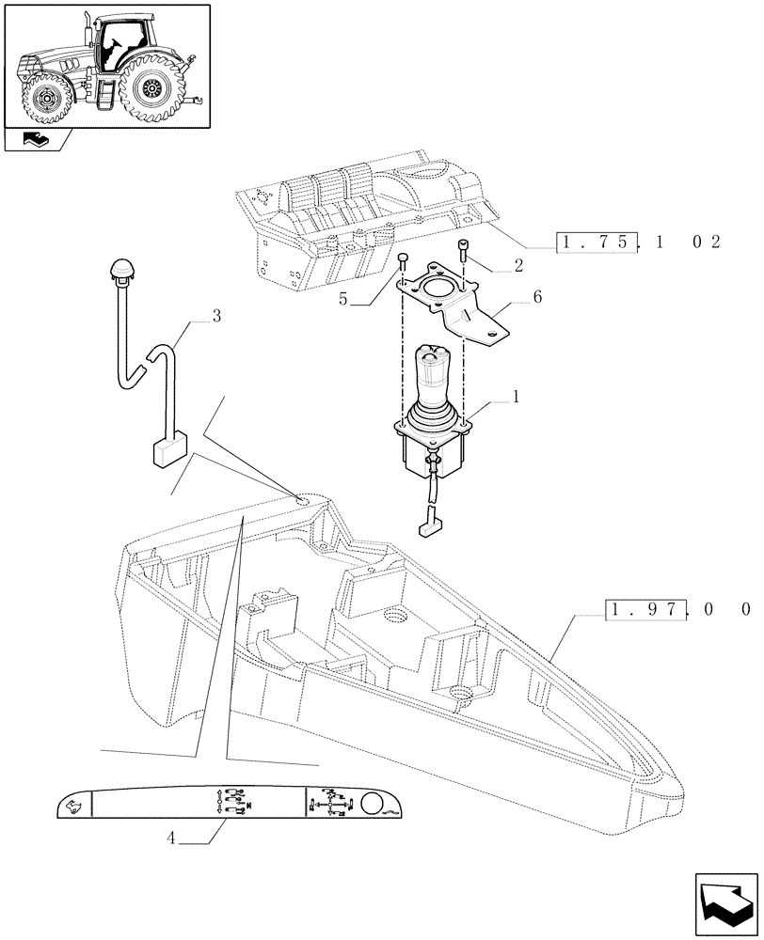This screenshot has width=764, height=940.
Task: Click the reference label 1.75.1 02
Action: coord(639,243)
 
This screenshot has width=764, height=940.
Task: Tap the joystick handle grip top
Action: coord(433,355)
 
